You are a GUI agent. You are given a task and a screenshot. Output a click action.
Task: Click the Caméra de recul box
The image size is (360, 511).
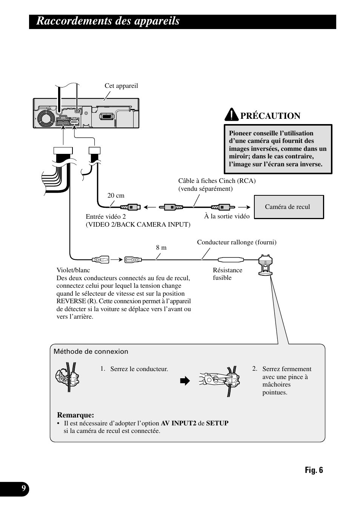tap(289, 207)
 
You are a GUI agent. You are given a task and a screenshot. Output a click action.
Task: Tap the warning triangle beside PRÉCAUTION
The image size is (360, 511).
tap(231, 114)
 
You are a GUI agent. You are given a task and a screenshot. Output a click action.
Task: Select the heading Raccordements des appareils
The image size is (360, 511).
tap(108, 21)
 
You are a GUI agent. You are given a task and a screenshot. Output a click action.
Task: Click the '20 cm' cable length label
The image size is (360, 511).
tap(115, 195)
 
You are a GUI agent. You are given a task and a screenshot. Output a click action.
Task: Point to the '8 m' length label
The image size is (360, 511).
tap(161, 247)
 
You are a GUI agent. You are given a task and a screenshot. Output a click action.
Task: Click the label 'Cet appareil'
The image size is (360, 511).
tap(121, 86)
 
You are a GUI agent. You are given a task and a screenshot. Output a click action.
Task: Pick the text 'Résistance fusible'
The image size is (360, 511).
tap(227, 274)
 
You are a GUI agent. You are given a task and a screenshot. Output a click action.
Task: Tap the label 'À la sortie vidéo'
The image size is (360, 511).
tap(227, 216)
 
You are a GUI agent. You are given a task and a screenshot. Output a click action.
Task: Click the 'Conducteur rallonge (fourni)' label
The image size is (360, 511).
tap(237, 242)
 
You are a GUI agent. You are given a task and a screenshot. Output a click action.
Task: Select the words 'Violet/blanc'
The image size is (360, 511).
tap(73, 270)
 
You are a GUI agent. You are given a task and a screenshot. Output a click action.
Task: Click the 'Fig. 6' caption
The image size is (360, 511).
tap(314, 470)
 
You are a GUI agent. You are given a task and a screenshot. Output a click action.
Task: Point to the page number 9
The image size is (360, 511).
tap(24, 489)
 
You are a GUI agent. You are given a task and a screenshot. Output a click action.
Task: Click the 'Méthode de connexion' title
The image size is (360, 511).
tap(91, 351)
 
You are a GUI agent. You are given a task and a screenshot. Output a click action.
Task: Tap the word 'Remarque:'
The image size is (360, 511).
tap(75, 415)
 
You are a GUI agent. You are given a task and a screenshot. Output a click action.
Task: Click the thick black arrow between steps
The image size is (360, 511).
tap(185, 381)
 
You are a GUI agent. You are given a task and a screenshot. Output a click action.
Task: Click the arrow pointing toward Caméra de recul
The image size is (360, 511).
tap(245, 207)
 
